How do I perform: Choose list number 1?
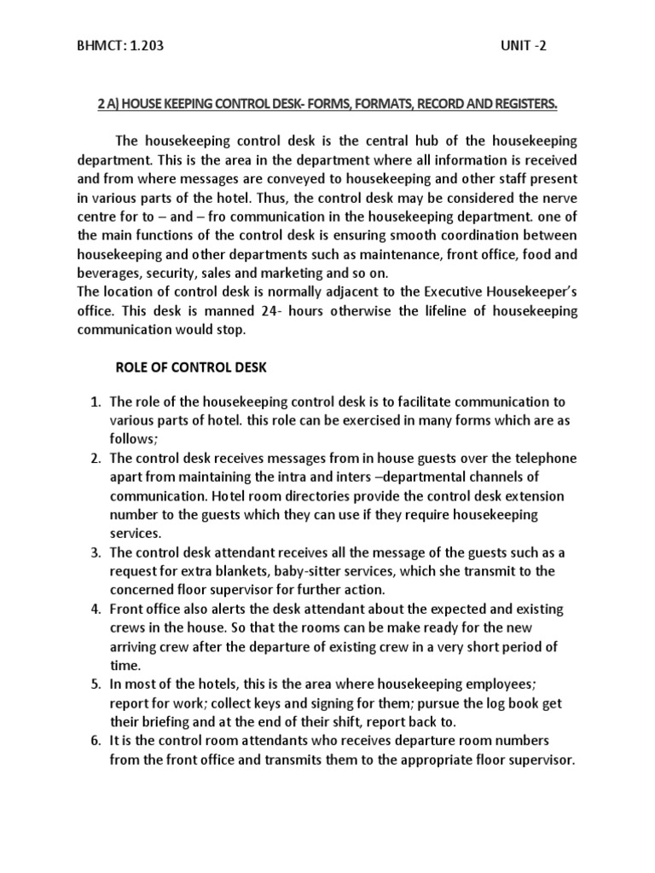tap(96, 402)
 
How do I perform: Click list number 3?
tap(96, 552)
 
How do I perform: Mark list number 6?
tap(96, 741)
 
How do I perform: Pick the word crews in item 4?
tap(129, 628)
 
